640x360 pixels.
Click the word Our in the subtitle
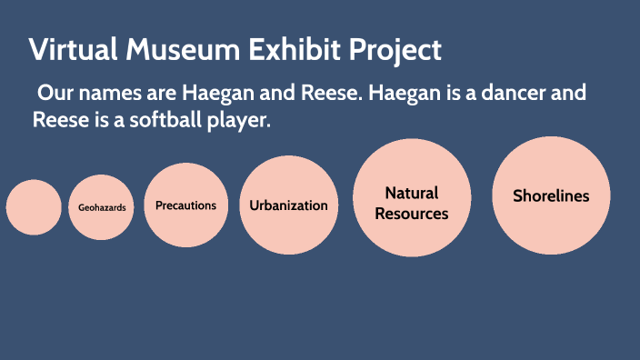pos(54,93)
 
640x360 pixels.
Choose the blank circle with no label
pos(35,207)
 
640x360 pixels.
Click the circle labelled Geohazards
pos(101,207)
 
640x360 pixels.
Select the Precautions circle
pos(185,205)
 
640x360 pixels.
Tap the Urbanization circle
pos(288,205)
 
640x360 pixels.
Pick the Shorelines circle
pos(551,195)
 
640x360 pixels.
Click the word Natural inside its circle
pos(412,193)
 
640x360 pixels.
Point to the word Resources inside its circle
pos(412,214)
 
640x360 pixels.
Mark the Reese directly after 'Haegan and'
pos(325,93)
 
